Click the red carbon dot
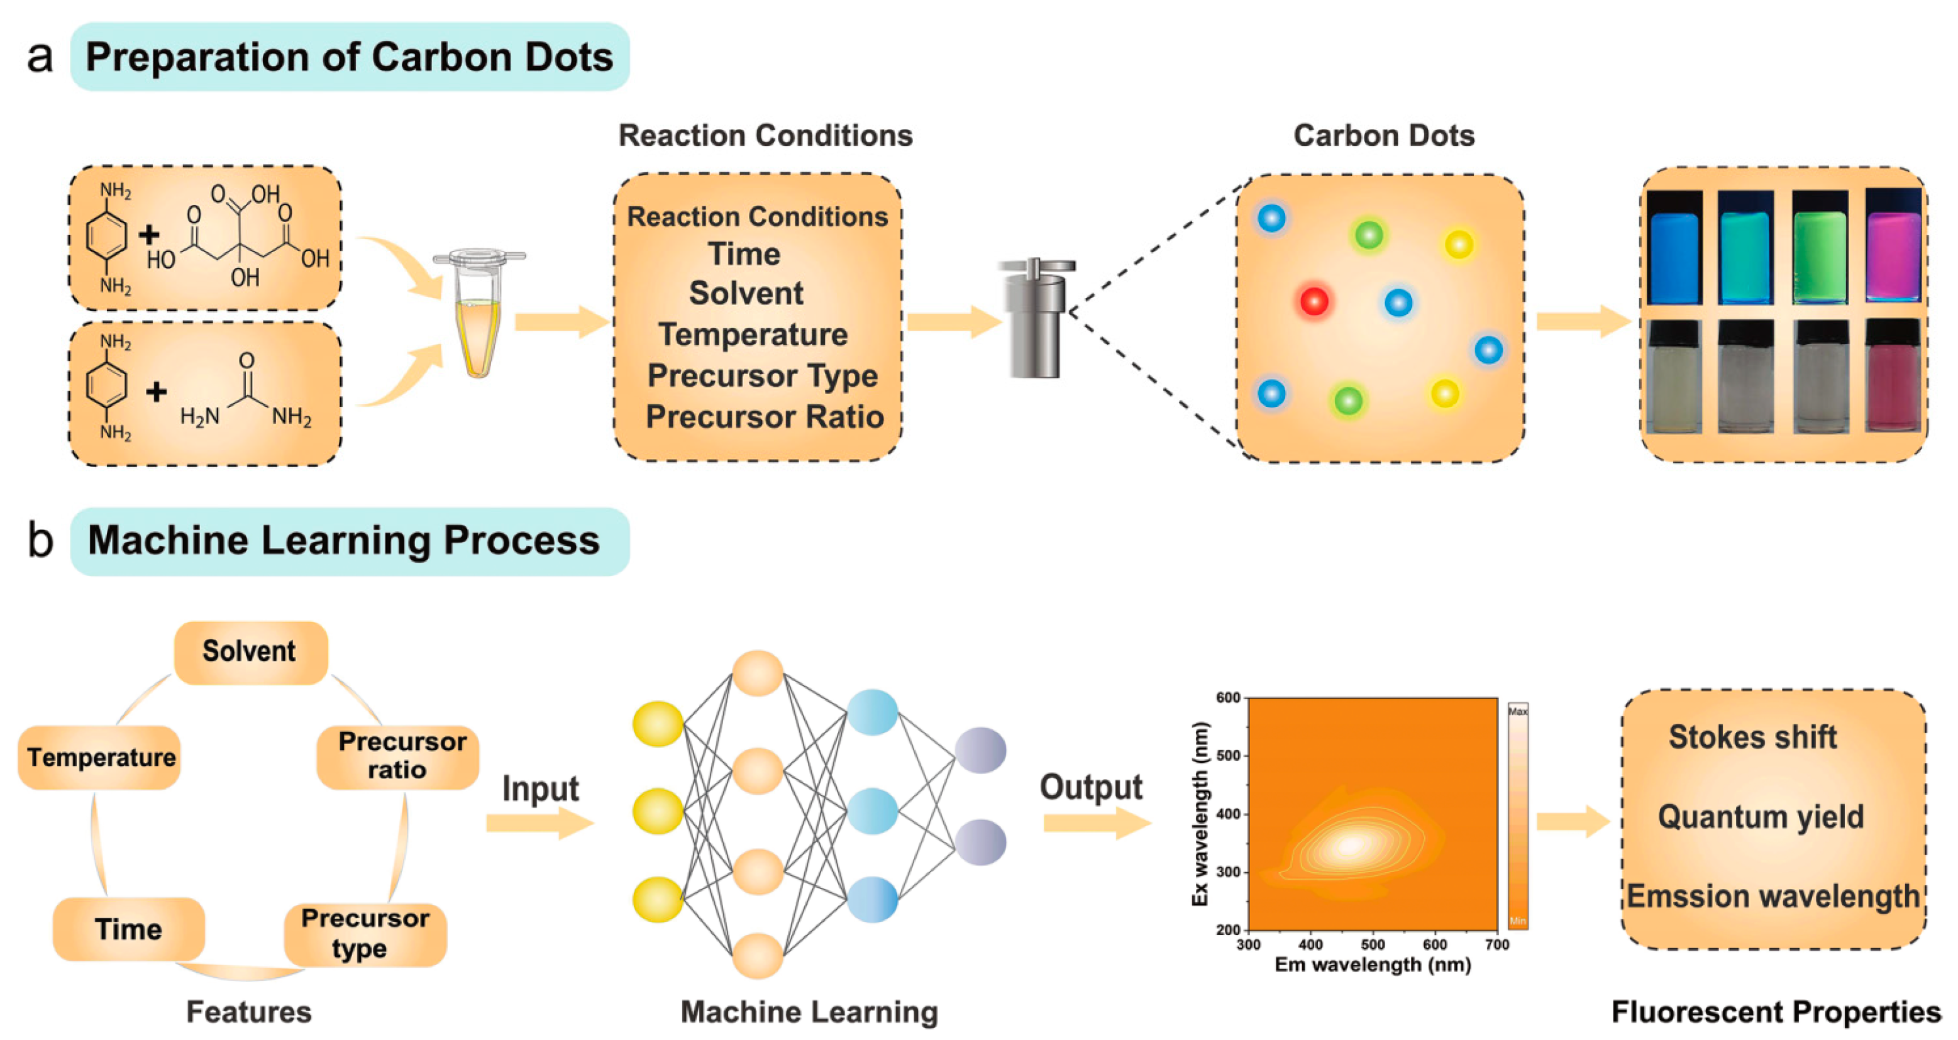click(1314, 301)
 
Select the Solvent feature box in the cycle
click(250, 651)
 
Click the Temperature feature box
click(101, 757)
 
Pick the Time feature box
click(128, 929)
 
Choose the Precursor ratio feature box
click(400, 756)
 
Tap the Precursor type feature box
click(365, 934)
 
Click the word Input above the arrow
click(540, 788)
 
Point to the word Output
click(1091, 788)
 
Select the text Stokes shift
click(1752, 738)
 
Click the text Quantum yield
click(1761, 817)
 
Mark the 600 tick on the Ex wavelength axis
click(1227, 698)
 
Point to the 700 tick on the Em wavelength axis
click(1496, 945)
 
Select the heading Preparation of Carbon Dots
click(349, 57)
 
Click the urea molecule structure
click(245, 396)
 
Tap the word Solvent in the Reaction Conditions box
click(746, 294)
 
